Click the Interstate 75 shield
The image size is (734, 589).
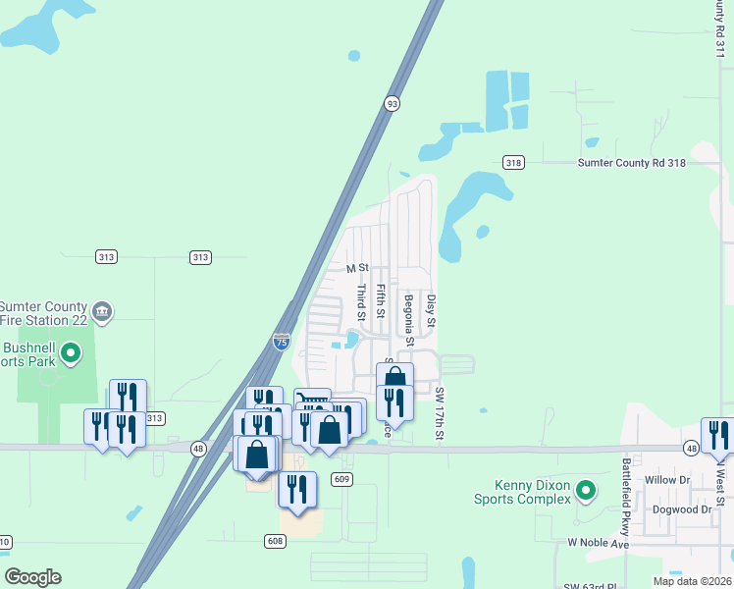click(281, 342)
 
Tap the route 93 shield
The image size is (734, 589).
click(392, 103)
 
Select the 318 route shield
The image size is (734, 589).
click(512, 162)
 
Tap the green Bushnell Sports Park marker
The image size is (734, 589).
click(70, 352)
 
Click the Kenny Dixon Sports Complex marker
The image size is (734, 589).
click(585, 489)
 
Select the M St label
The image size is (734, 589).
click(356, 268)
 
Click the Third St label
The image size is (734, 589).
click(361, 302)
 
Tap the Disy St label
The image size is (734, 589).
click(430, 309)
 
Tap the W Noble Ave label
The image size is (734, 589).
click(598, 543)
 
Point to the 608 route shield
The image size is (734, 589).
click(275, 541)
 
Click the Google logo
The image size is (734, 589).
click(32, 577)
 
